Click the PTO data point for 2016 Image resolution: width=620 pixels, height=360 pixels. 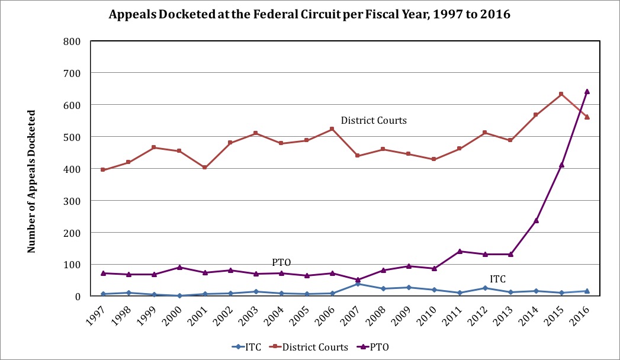(587, 91)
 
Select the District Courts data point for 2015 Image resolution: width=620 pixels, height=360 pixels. (561, 94)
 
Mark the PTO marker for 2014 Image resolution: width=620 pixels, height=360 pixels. (536, 220)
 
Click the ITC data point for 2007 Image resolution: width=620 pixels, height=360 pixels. (358, 284)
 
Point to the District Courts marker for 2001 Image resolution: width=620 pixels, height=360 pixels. (205, 168)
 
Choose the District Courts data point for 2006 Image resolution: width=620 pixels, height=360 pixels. (332, 129)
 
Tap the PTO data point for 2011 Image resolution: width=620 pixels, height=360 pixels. (460, 251)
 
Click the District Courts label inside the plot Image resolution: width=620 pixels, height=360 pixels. (373, 121)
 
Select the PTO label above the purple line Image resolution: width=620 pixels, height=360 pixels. (281, 262)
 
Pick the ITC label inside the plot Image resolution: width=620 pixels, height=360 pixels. (497, 279)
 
